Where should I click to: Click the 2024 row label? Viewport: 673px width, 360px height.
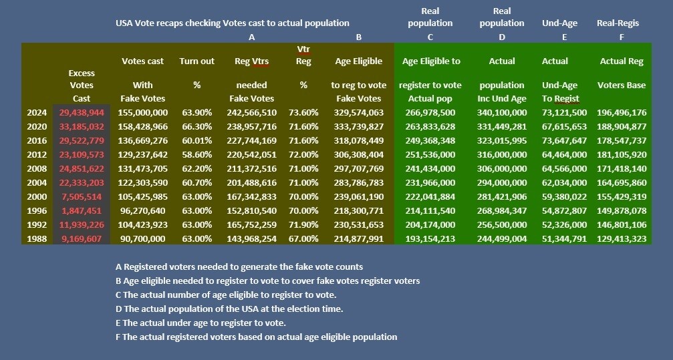click(x=37, y=113)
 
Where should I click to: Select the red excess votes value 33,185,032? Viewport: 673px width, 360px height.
click(x=82, y=127)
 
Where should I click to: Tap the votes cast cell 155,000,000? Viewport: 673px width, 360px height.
click(x=142, y=113)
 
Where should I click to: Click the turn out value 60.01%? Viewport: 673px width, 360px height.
click(x=197, y=141)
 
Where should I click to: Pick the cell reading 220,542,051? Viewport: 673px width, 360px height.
click(x=251, y=154)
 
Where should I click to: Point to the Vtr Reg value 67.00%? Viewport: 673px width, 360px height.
click(x=303, y=238)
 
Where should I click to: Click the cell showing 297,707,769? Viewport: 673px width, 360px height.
click(x=358, y=168)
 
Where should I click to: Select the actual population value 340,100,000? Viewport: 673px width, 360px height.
click(x=502, y=113)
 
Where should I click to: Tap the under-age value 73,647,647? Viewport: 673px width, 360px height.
click(x=564, y=141)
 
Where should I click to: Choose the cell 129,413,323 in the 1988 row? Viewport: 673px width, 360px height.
click(x=622, y=238)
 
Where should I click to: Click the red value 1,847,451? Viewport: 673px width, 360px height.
click(x=82, y=210)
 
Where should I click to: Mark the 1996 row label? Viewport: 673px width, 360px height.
click(x=37, y=210)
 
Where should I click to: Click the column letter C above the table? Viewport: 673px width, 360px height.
click(x=430, y=37)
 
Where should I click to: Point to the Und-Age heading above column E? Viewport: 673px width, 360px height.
click(x=559, y=23)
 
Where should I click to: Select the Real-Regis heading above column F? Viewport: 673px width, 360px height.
click(x=618, y=23)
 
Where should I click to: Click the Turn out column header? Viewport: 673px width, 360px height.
click(x=197, y=61)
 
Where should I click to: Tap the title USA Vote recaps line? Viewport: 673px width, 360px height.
click(x=232, y=23)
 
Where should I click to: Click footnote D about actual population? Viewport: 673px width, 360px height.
click(x=229, y=309)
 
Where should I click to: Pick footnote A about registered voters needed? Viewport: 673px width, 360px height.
click(x=239, y=267)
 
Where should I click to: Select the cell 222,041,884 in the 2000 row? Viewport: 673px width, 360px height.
click(x=430, y=196)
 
